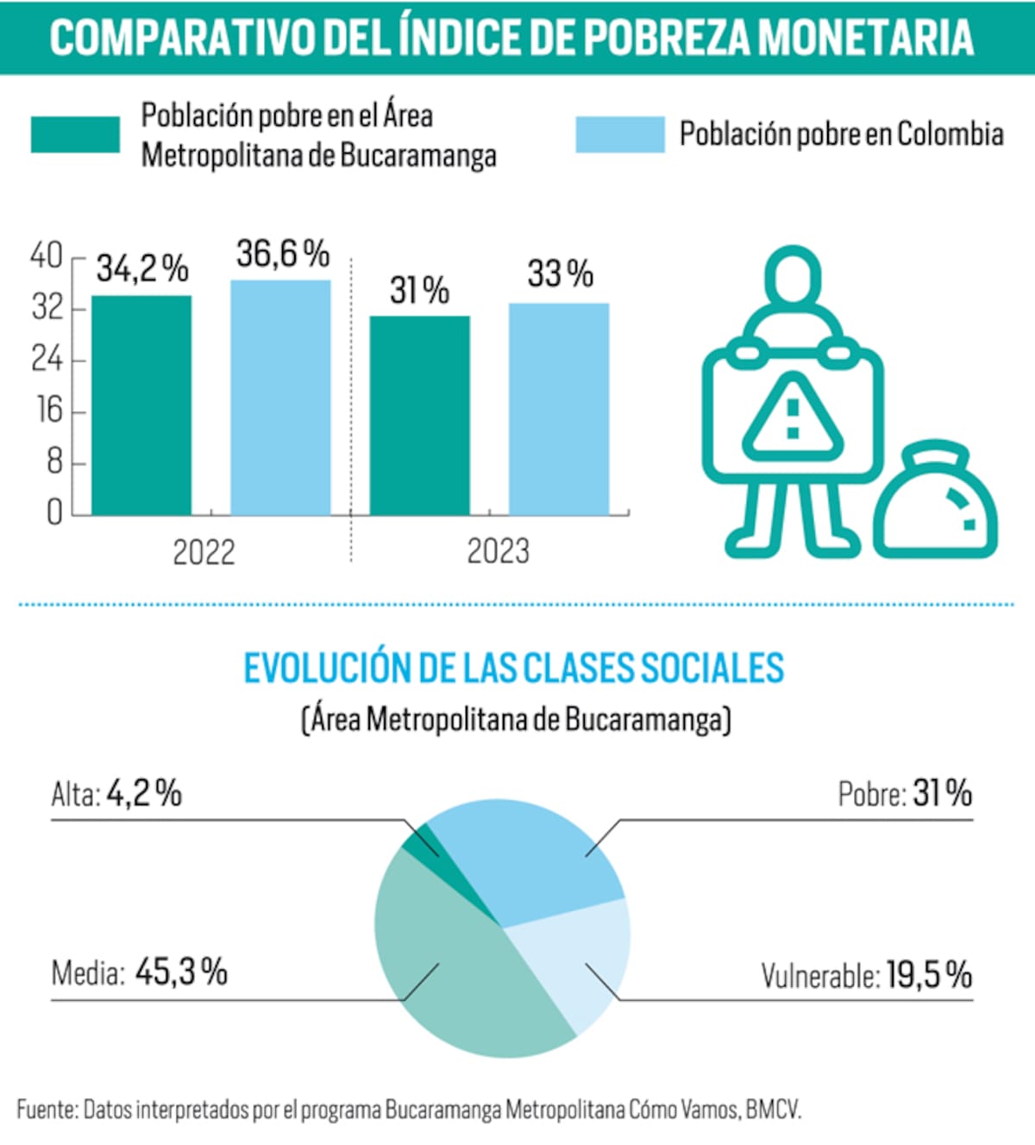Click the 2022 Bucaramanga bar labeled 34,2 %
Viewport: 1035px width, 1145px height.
coord(141,406)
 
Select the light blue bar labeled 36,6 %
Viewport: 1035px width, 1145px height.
coord(280,398)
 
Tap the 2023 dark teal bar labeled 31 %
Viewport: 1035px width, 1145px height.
coord(420,416)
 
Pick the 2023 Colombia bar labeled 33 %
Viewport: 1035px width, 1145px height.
coord(559,409)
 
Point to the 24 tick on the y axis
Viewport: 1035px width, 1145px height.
coord(47,359)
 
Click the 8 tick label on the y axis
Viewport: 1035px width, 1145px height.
coord(54,462)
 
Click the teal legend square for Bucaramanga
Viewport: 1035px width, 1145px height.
coord(75,135)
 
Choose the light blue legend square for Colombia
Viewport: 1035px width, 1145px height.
coord(620,135)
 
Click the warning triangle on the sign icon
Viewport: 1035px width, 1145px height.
coord(793,418)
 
